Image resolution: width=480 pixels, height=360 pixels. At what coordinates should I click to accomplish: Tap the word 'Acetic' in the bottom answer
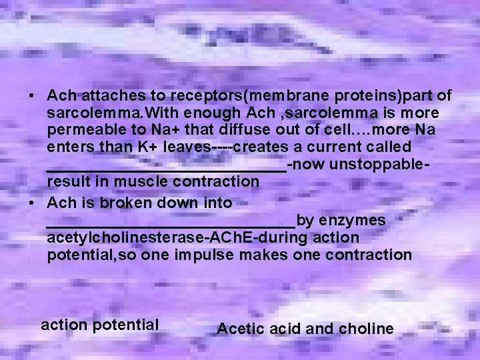point(241,329)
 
